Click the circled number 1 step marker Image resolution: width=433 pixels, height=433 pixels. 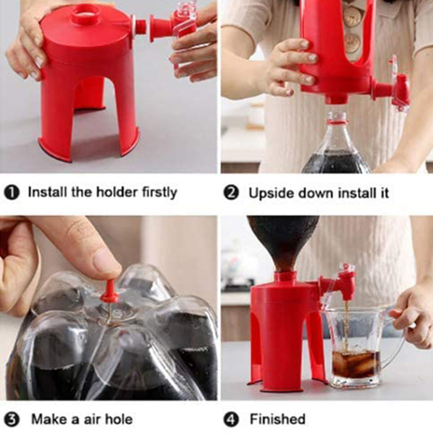click(11, 192)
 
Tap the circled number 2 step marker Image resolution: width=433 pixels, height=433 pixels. click(231, 193)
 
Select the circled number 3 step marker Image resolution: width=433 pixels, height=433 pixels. click(11, 419)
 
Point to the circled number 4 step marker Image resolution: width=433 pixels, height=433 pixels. click(231, 419)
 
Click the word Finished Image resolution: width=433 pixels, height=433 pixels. click(278, 419)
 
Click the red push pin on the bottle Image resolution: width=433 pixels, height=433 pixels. click(110, 293)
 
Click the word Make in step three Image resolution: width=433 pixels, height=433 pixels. click(49, 419)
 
